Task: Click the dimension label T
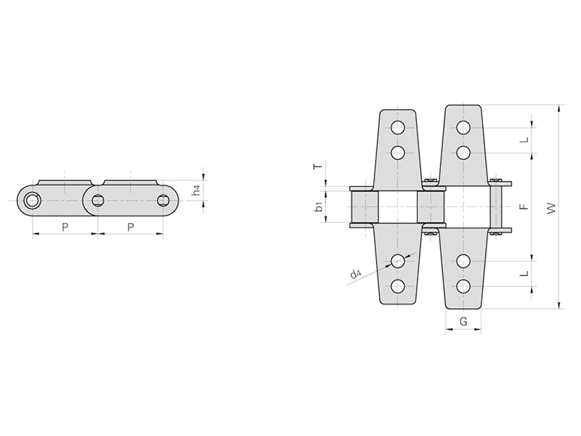318,166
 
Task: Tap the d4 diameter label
355,274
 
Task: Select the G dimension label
463,321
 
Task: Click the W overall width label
551,208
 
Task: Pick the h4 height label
196,190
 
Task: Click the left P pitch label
65,227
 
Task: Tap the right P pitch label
131,227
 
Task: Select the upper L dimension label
524,140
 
